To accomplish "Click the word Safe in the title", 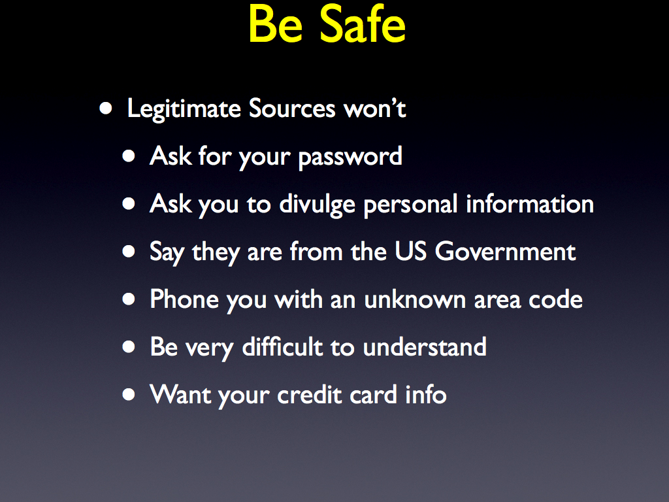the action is point(362,24).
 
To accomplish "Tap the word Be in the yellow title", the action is point(275,24).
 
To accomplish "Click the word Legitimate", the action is point(184,109).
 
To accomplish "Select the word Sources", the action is point(292,109).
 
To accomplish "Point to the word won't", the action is point(375,109).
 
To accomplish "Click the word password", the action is point(350,157).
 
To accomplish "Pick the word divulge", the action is point(318,205).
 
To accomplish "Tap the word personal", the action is point(411,205).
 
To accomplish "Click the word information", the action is point(530,204).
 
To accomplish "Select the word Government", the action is point(505,252).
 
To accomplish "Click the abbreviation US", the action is point(410,252).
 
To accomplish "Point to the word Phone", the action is point(184,299).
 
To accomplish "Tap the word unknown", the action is point(415,299).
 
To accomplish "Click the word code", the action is point(555,299).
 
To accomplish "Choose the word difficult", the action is point(282,346).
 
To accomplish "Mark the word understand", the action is point(425,346).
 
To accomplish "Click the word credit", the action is point(310,394).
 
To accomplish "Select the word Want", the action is point(180,394).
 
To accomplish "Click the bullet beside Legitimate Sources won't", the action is point(105,109).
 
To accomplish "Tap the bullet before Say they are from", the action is point(129,252).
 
